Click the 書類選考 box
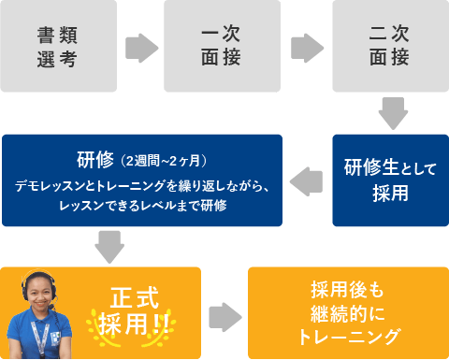58,46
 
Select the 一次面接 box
223,46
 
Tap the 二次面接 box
389,46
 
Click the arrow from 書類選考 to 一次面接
141,47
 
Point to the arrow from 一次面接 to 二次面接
307,47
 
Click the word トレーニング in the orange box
348,336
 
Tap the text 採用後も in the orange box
348,290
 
